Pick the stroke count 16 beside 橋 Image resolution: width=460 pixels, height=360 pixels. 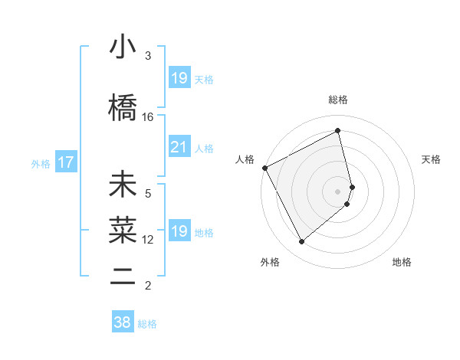point(148,117)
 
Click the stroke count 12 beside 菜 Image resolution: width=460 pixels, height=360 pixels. point(148,240)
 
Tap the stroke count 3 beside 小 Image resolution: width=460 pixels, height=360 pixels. point(148,56)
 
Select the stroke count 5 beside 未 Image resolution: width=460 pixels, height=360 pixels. point(148,194)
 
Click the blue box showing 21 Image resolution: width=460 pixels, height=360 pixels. point(179,147)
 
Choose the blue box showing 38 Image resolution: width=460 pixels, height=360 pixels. point(122,322)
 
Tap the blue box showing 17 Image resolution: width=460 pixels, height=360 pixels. point(65,162)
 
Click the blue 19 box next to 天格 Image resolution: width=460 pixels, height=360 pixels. point(179,78)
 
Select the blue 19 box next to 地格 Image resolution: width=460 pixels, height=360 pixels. point(179,231)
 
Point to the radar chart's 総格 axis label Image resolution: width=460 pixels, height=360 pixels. point(338,100)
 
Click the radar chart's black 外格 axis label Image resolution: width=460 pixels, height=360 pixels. point(270,262)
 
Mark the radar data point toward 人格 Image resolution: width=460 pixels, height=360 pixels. point(264,168)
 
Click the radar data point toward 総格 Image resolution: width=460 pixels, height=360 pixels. point(338,131)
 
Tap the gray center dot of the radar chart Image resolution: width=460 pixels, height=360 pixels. point(338,190)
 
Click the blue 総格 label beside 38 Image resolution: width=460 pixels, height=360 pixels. point(147,324)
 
